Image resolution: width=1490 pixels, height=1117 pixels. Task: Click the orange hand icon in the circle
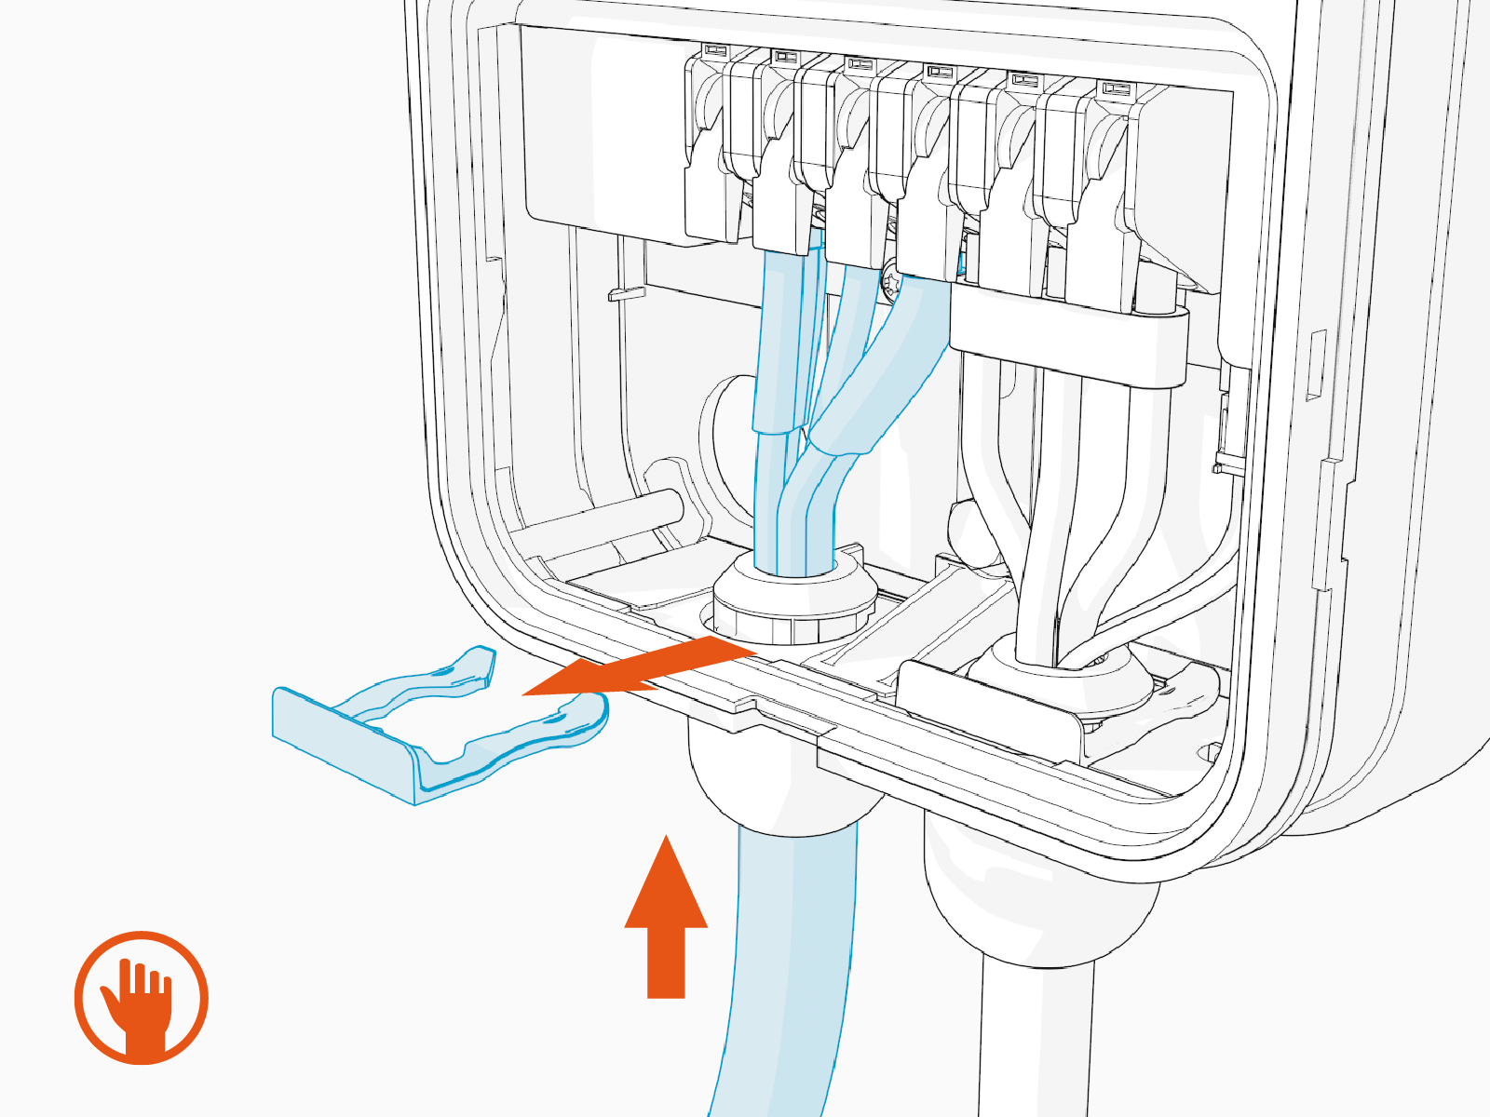(142, 998)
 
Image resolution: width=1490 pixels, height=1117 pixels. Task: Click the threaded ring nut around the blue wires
(792, 605)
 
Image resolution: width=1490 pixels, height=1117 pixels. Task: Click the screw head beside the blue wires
(891, 279)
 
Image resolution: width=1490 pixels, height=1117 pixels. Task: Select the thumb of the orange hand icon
(114, 1001)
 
